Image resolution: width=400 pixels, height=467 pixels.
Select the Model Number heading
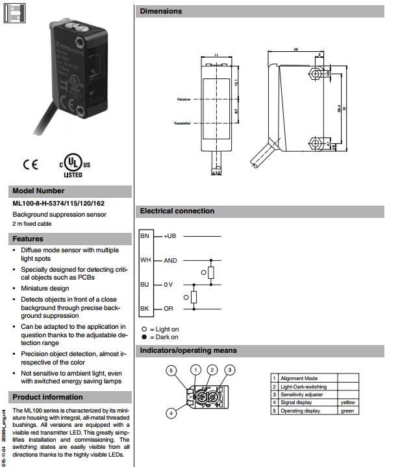click(x=39, y=191)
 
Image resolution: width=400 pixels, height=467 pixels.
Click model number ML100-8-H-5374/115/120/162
click(x=58, y=203)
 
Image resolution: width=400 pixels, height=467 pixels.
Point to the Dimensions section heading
click(x=161, y=11)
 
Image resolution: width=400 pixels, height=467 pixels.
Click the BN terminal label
click(x=145, y=237)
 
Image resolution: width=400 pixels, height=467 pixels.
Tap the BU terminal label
click(x=145, y=284)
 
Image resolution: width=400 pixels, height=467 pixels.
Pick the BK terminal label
click(x=145, y=307)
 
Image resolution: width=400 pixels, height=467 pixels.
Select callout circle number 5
click(x=170, y=370)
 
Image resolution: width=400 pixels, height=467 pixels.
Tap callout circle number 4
click(x=170, y=413)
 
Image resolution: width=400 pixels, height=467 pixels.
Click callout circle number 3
click(x=229, y=370)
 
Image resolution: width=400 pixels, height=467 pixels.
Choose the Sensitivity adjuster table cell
click(x=303, y=394)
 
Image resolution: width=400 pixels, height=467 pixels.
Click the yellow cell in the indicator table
click(x=348, y=402)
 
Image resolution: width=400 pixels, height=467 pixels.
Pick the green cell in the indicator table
click(x=347, y=410)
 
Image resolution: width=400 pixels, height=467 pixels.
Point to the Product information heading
click(x=48, y=397)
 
